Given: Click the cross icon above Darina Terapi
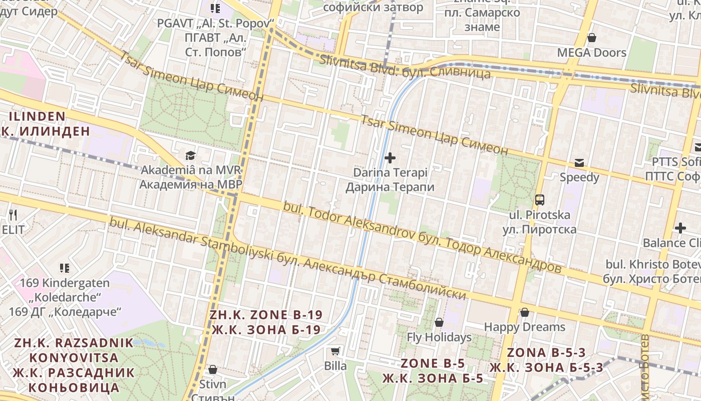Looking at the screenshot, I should (x=390, y=158).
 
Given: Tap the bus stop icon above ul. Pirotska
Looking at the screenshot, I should (x=540, y=200).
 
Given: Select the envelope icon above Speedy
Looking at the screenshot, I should (x=579, y=162).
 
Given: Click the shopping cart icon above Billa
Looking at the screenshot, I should (x=335, y=351).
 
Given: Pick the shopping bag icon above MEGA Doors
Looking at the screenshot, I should (x=591, y=38).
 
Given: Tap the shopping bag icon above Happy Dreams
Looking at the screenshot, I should (x=524, y=312).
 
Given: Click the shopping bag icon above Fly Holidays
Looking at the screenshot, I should (x=439, y=322).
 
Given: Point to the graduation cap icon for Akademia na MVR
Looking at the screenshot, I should (x=190, y=155).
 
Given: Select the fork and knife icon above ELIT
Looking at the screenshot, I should (x=13, y=215).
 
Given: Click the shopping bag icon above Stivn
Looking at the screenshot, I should (x=212, y=370).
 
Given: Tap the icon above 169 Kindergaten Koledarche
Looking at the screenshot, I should (x=65, y=268).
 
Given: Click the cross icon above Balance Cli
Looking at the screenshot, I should (x=680, y=228).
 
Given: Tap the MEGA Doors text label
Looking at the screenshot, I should (x=591, y=53).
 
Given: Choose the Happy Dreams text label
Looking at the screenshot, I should (x=524, y=327).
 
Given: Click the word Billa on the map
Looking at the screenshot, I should (x=335, y=366).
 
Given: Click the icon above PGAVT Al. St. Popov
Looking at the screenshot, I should (x=215, y=8).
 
